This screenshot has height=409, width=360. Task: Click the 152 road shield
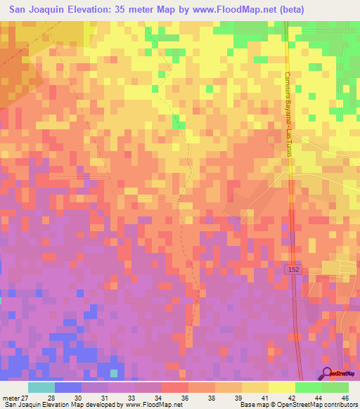click(x=293, y=270)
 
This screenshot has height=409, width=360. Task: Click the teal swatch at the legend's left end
click(x=41, y=387)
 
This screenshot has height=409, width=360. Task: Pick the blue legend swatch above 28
click(x=67, y=387)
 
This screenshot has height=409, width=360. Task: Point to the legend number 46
click(x=344, y=397)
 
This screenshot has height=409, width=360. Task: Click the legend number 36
click(x=184, y=397)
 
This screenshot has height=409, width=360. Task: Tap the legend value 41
click(x=264, y=397)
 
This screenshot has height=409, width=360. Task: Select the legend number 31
click(x=103, y=397)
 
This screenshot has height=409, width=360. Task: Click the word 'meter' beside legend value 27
click(x=11, y=397)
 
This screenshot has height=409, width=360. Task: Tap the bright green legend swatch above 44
click(x=308, y=387)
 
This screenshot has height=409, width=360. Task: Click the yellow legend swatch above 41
click(x=255, y=387)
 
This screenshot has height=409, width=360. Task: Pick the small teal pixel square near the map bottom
click(x=115, y=372)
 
